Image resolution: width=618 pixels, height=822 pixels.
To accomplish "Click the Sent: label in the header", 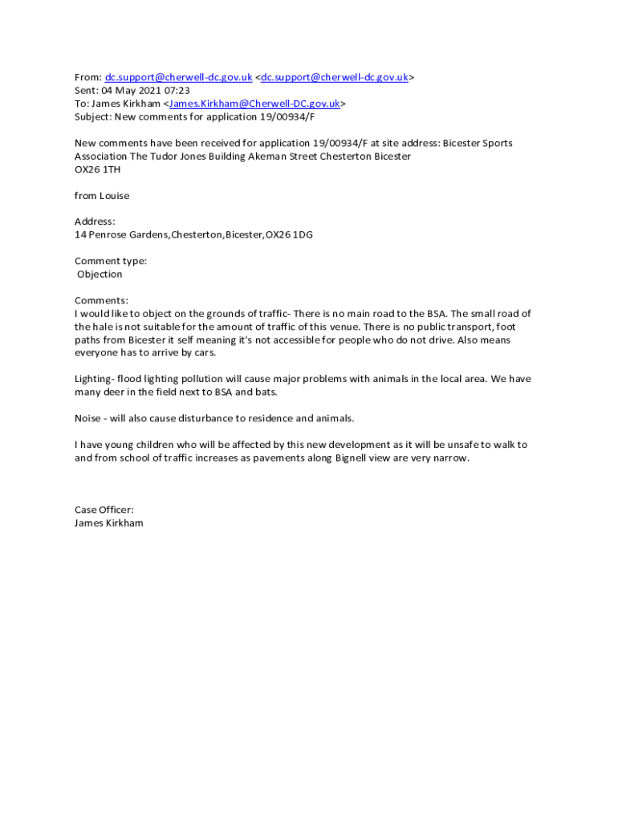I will pyautogui.click(x=87, y=91).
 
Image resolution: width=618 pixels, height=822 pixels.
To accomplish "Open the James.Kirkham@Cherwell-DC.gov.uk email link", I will pyautogui.click(x=254, y=104).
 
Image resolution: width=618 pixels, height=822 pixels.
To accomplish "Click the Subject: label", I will pyautogui.click(x=93, y=116).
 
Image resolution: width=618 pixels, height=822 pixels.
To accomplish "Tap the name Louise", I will pyautogui.click(x=114, y=196).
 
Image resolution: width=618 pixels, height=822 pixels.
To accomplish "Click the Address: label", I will pyautogui.click(x=95, y=222).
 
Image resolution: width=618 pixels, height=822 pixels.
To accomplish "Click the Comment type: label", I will pyautogui.click(x=111, y=261).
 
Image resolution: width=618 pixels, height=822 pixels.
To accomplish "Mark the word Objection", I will pyautogui.click(x=100, y=275).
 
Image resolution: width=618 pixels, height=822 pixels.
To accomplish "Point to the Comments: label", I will pyautogui.click(x=101, y=300).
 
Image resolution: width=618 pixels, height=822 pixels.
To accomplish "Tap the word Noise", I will pyautogui.click(x=87, y=418).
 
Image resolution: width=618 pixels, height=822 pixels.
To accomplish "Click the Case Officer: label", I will pyautogui.click(x=104, y=510).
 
